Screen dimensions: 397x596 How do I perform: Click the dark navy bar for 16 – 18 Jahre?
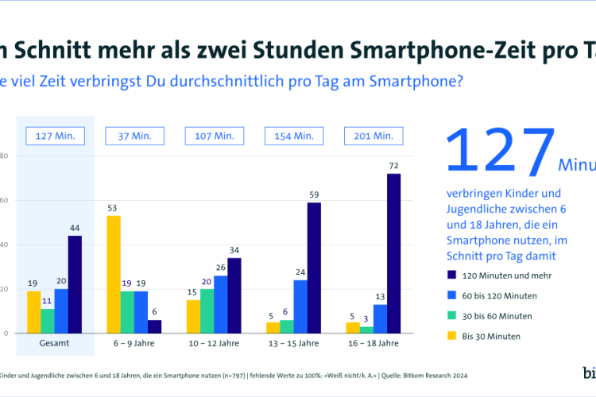[x=393, y=253]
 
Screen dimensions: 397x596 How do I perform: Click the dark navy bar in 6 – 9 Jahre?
[x=155, y=326]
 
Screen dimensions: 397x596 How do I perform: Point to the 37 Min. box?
[x=134, y=136]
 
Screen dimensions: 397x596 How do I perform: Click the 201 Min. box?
[x=373, y=136]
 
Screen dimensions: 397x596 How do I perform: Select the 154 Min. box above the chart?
[x=293, y=136]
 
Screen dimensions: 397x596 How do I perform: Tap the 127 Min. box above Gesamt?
[x=55, y=136]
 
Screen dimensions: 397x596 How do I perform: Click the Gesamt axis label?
[x=54, y=345]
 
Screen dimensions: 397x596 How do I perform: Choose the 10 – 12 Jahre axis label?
[x=213, y=345]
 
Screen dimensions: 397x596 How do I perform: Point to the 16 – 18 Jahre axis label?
[x=372, y=345]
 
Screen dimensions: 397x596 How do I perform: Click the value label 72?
[x=393, y=167]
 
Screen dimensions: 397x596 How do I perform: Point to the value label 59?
[x=314, y=195]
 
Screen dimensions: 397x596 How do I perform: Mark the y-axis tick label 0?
[x=6, y=333]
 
